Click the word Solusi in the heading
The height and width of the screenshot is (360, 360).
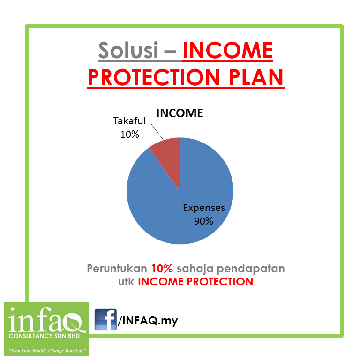128,50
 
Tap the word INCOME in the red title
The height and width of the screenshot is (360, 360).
228,50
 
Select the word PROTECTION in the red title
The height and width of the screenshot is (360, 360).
154,77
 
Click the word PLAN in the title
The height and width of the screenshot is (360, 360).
256,77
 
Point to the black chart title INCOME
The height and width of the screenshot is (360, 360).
180,113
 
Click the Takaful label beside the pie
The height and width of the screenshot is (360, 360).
129,121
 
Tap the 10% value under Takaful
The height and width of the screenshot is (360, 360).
129,135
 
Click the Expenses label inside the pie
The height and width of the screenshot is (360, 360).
204,208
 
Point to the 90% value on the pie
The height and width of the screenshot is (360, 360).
203,221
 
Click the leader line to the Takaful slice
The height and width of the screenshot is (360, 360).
156,132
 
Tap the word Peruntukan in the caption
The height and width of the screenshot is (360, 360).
117,269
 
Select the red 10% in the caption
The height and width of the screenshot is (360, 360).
162,269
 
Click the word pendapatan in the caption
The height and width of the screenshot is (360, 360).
250,269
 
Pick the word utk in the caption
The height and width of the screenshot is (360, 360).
126,282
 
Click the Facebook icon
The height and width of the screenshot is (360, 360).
105,320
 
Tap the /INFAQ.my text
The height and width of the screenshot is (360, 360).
148,321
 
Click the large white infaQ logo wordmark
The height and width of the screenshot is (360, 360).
45,320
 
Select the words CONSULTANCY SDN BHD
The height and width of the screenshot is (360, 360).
45,336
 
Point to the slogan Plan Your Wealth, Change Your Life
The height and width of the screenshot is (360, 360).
47,350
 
